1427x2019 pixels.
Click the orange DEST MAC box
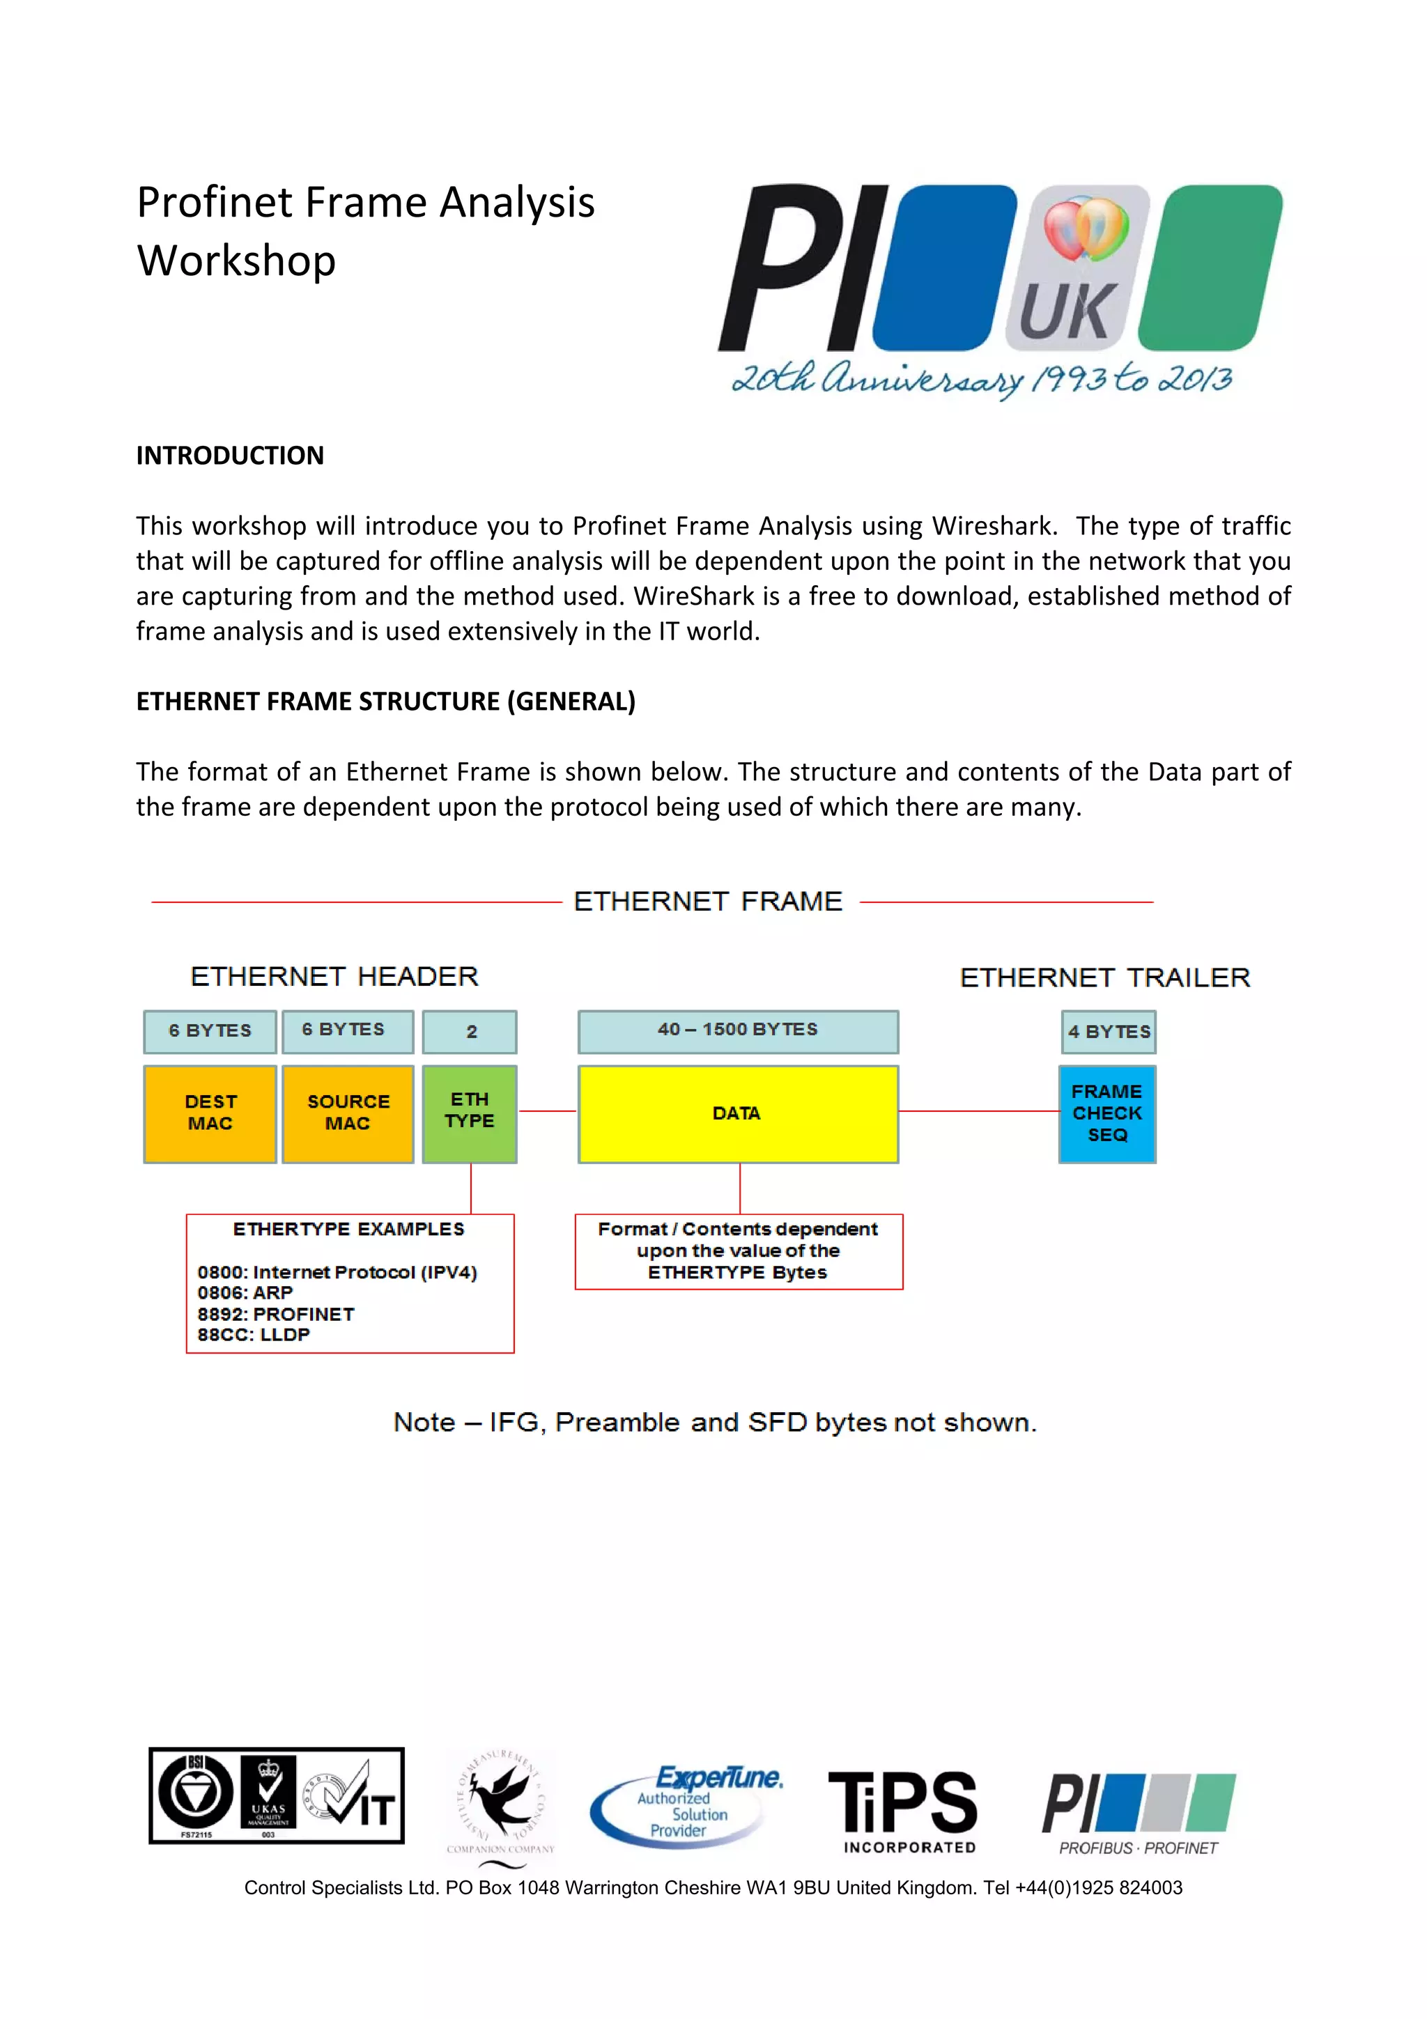point(210,1113)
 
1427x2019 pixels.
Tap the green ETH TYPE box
point(470,1113)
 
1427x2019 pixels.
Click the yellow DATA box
point(738,1113)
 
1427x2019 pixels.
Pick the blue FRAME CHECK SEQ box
point(1107,1113)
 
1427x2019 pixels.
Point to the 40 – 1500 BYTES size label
point(738,1030)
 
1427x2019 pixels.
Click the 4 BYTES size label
point(1109,1032)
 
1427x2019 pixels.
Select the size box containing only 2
point(470,1032)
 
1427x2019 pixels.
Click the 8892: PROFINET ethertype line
point(276,1314)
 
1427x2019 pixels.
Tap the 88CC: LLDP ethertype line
point(254,1335)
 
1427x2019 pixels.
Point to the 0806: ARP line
point(245,1292)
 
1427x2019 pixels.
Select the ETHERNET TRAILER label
point(1104,978)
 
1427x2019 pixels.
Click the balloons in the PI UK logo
point(1087,229)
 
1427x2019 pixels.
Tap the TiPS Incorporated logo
point(904,1811)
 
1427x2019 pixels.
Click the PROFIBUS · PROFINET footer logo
point(1139,1814)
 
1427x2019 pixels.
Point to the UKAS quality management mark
point(268,1795)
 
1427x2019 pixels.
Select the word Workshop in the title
point(236,261)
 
